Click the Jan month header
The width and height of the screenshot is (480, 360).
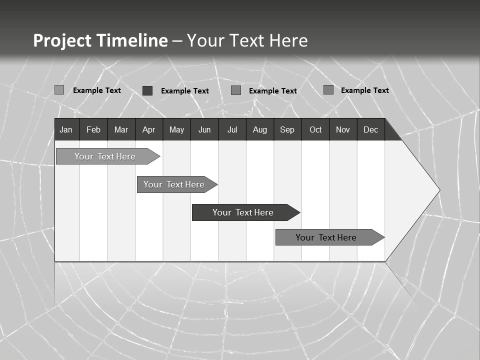click(66, 129)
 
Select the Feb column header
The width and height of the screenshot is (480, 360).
click(93, 129)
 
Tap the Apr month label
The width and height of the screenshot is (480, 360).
click(148, 129)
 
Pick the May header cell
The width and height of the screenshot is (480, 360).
click(176, 129)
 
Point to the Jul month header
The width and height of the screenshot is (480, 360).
click(232, 129)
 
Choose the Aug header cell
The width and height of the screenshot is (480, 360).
click(259, 129)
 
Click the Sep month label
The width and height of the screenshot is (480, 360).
click(287, 129)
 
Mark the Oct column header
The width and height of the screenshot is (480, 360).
click(315, 129)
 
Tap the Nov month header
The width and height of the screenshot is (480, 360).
click(343, 129)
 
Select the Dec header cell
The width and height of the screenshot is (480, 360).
click(370, 129)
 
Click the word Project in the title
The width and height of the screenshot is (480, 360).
click(62, 40)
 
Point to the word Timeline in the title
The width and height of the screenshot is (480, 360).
click(131, 40)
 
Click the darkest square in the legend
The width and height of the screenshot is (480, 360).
click(147, 90)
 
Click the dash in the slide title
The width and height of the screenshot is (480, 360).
click(177, 41)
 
